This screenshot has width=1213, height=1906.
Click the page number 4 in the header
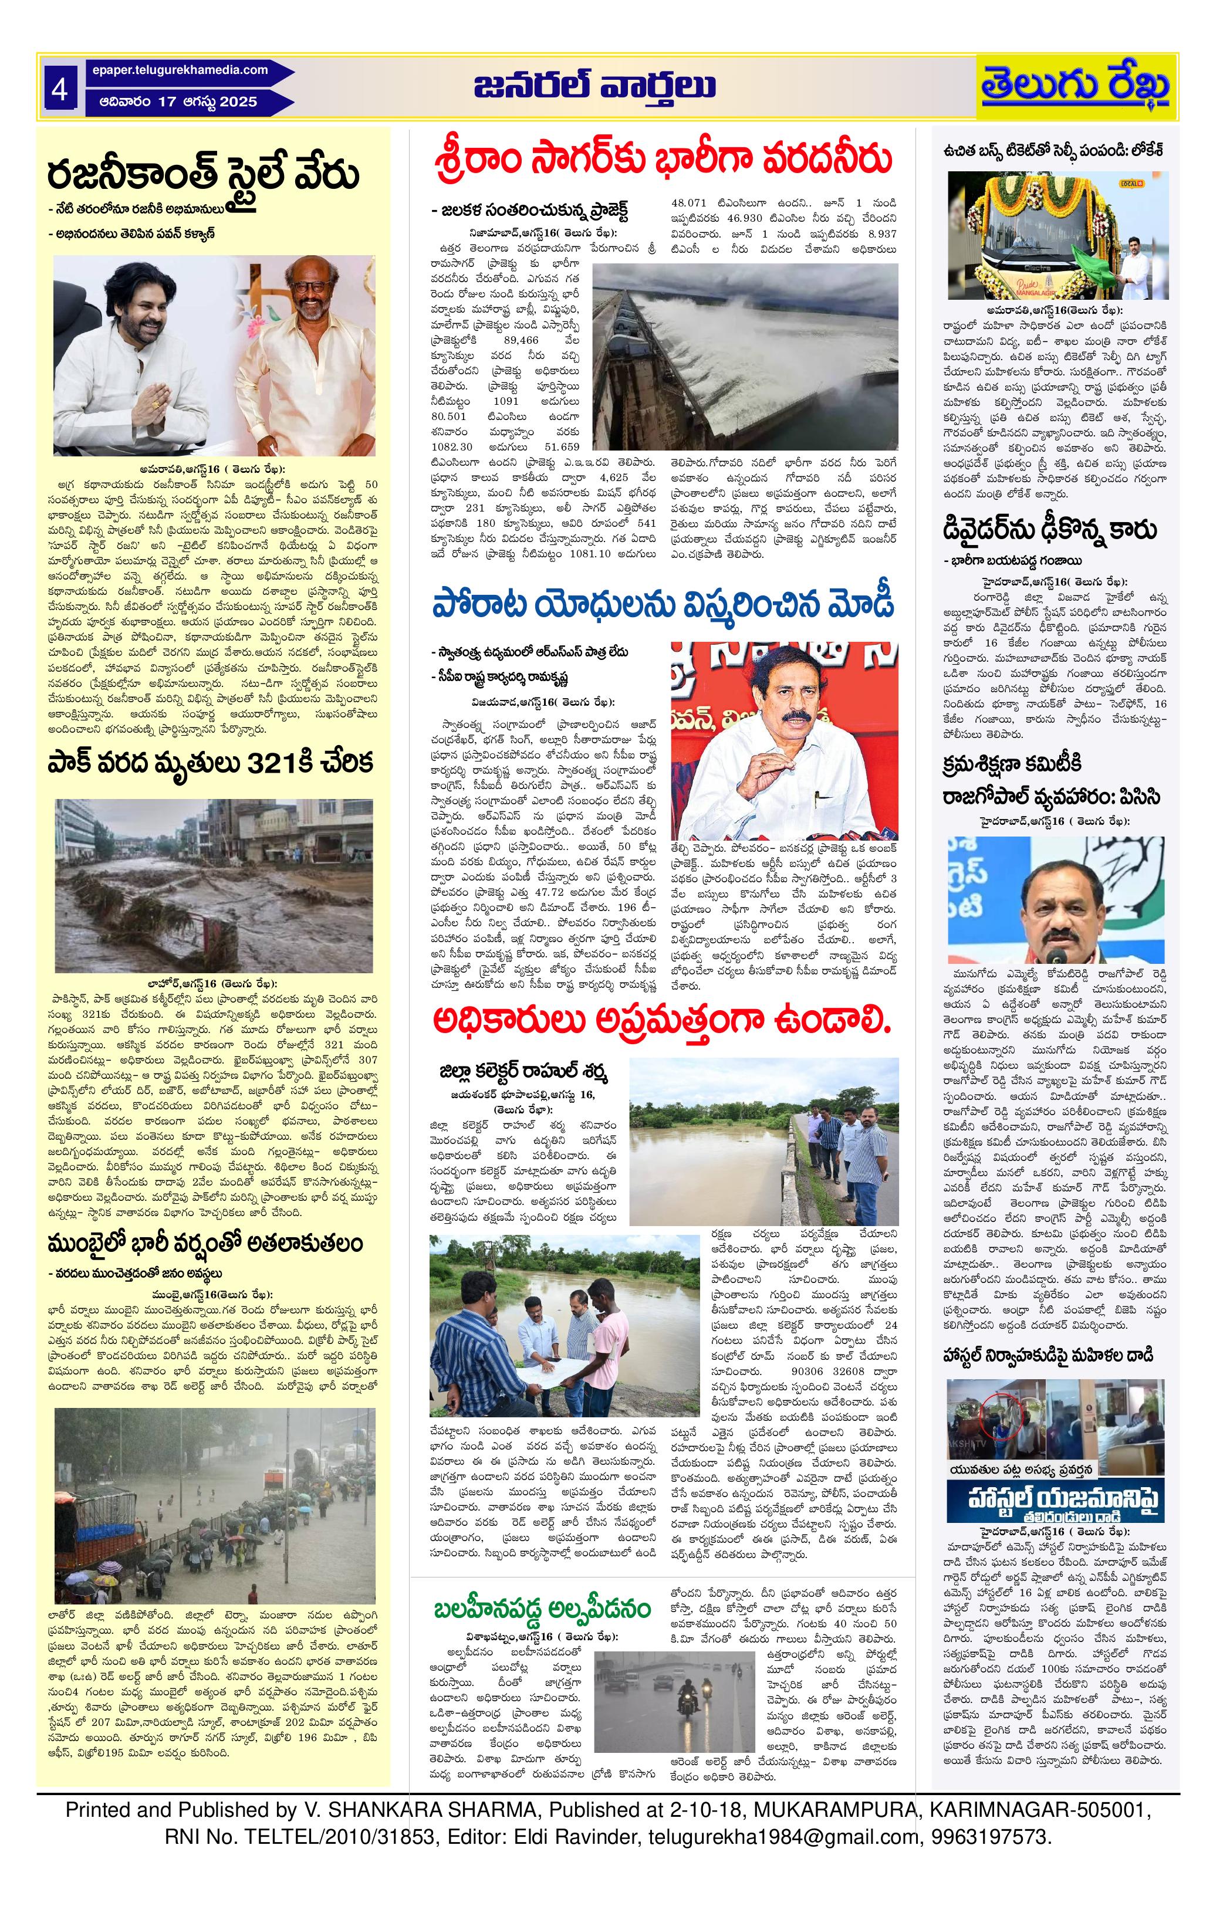coord(59,90)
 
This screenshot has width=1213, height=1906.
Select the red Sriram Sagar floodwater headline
coord(664,157)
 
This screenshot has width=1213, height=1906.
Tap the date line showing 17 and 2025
coord(179,102)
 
